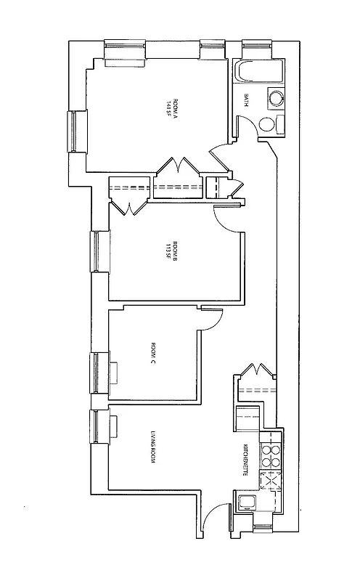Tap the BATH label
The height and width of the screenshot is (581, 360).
click(247, 100)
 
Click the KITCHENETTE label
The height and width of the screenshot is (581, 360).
click(247, 458)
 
